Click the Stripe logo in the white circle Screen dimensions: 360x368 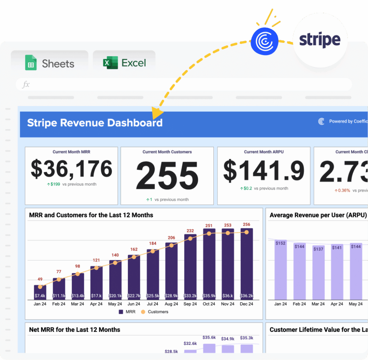(x=320, y=40)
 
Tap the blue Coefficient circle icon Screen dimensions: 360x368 (x=264, y=42)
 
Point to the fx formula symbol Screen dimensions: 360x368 (x=26, y=85)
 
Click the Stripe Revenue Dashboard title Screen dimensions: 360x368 (x=95, y=123)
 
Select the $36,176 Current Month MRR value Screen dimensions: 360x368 (x=71, y=169)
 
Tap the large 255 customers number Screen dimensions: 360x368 (x=167, y=176)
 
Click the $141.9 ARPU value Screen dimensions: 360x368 (x=264, y=170)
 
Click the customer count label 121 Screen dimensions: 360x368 (x=96, y=260)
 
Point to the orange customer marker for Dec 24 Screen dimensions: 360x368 (x=247, y=232)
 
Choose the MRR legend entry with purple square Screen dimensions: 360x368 (x=127, y=312)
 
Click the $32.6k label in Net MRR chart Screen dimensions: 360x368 (x=190, y=344)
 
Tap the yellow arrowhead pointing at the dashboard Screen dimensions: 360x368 (x=157, y=113)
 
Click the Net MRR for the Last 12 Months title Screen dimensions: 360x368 (x=75, y=329)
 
